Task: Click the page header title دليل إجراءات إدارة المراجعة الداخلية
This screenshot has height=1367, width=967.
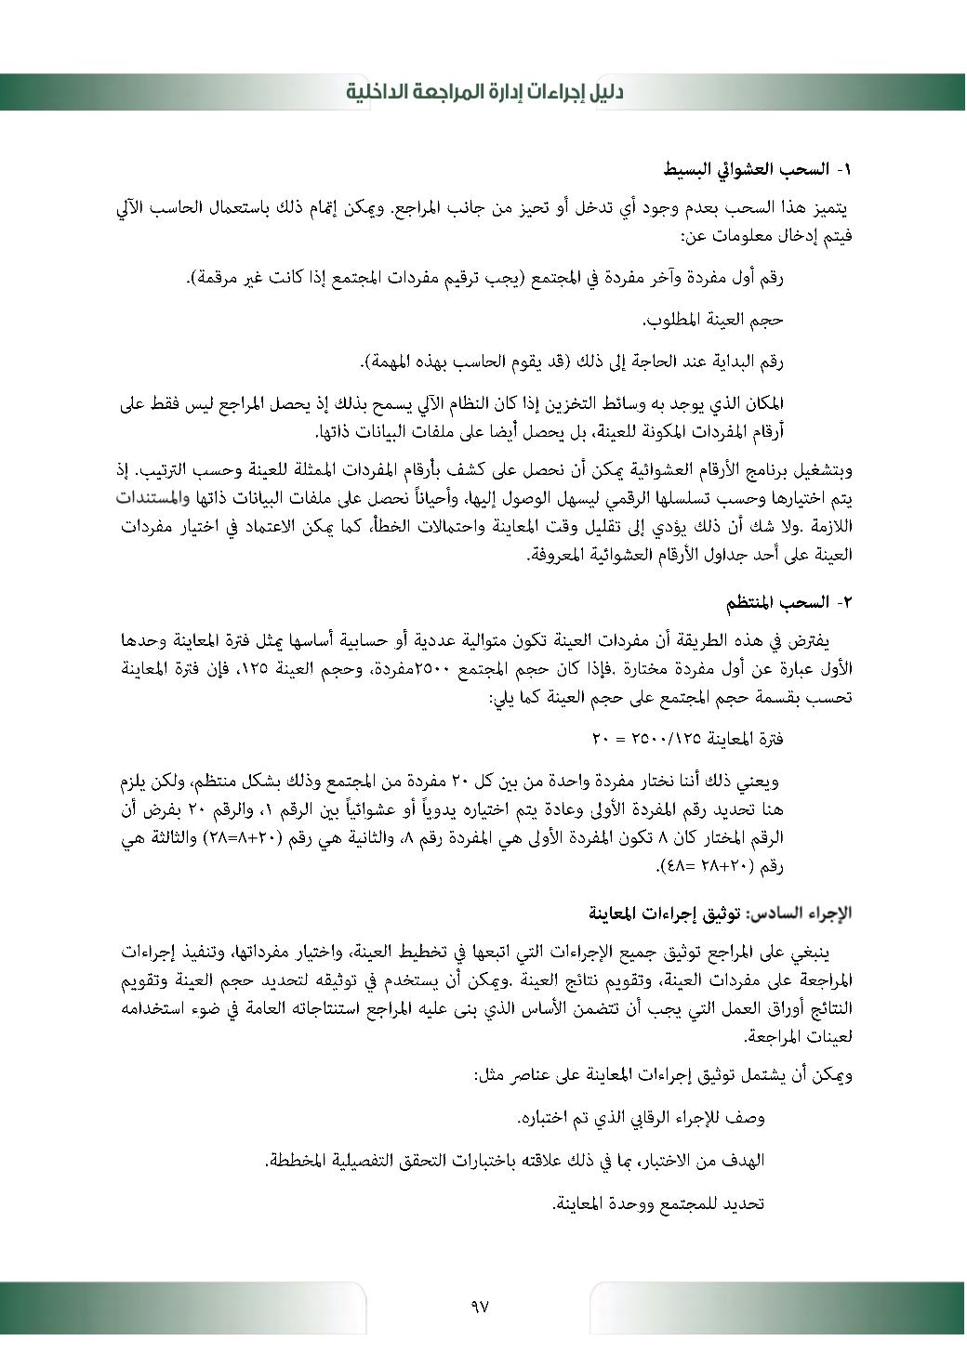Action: pyautogui.click(x=483, y=92)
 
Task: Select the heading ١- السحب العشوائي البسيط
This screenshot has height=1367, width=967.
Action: pyautogui.click(x=758, y=169)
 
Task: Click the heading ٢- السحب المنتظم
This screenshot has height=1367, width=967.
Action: pyautogui.click(x=789, y=602)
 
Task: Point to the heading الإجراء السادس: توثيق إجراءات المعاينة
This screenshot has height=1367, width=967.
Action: pyautogui.click(x=720, y=913)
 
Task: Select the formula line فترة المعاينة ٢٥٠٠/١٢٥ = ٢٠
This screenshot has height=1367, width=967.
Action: pyautogui.click(x=687, y=739)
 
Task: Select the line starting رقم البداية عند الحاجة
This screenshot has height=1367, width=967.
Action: pyautogui.click(x=573, y=361)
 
